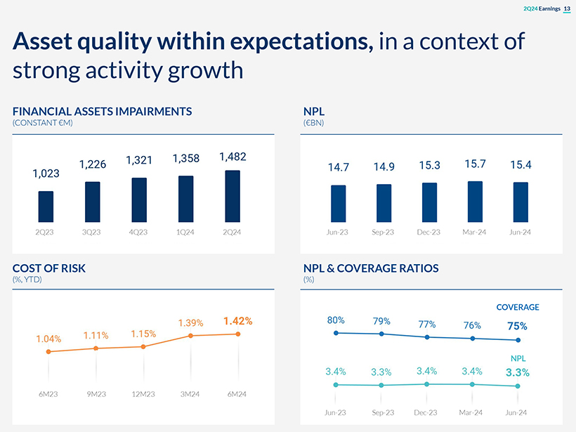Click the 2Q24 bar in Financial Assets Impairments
pos(233,196)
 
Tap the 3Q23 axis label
pos(92,233)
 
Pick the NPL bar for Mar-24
pos(475,202)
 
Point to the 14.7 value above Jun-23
pos(338,167)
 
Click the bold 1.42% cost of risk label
pos(237,321)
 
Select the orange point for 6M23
pos(48,352)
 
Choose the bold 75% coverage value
pos(517,326)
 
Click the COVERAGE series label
pos(518,308)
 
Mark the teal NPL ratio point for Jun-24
pos(518,386)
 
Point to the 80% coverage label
pos(336,320)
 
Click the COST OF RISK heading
pos(49,268)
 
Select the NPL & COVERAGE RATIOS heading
pos(370,268)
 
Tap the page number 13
pos(567,8)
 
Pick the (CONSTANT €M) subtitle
pos(43,123)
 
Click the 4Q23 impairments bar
pos(139,200)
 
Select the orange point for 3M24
pos(190,336)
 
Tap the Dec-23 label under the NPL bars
pos(428,233)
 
